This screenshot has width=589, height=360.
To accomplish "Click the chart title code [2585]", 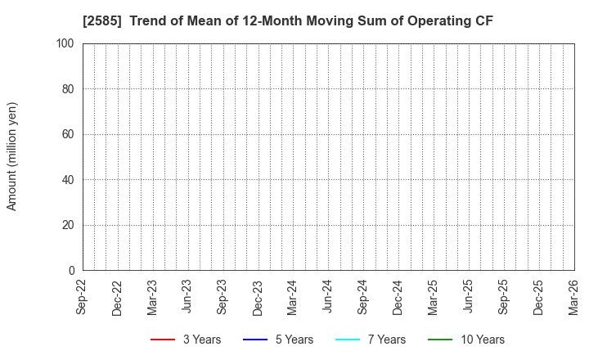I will coord(102,21).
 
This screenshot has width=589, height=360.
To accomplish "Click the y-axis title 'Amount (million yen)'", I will coord(12,156).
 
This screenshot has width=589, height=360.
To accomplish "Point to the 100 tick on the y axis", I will coord(66,43).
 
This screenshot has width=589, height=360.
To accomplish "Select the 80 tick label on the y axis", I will coord(69,89).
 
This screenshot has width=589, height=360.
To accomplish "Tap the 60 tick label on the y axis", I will coord(69,134).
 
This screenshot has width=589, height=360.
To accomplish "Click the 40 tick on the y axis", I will coord(69,180).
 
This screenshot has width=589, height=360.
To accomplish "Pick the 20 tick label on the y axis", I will coord(69,225).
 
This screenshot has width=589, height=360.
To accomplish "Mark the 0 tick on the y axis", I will coord(72,271).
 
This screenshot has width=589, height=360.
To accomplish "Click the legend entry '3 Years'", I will coord(201,340).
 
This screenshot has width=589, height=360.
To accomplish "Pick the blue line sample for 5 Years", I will coord(255,340).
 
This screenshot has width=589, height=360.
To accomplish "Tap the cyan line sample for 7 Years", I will coord(348,340).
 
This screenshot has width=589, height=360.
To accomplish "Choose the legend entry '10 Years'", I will coord(480,340).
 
